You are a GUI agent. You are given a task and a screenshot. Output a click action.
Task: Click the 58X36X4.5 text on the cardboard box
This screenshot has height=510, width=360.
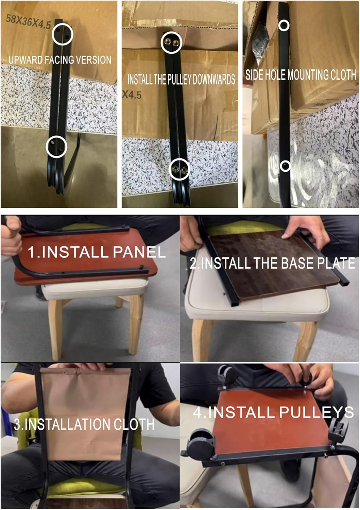coord(29,21)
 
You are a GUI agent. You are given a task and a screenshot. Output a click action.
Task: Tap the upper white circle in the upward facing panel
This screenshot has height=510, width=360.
coord(63,34)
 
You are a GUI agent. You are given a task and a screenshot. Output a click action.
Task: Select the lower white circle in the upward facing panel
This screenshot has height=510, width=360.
coord(56,147)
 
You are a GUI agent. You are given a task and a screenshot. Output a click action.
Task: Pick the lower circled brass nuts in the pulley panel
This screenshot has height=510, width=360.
coord(179,169)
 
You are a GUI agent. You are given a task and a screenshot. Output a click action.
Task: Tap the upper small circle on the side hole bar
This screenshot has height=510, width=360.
coord(284,25)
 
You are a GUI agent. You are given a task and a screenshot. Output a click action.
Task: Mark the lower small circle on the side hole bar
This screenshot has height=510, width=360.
coord(285,166)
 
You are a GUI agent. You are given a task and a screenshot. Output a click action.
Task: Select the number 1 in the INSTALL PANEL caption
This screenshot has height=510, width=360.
coord(31,252)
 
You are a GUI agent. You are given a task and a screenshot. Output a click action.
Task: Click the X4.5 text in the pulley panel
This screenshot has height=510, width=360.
coord(132,95)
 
